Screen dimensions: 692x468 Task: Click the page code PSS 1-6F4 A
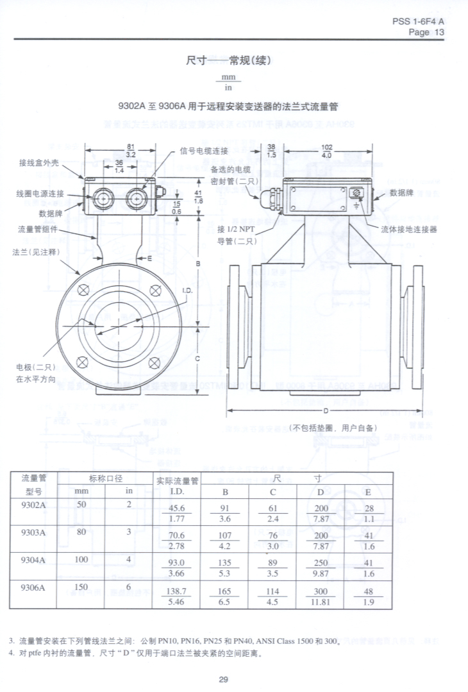(418, 21)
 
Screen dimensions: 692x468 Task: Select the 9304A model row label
(33, 559)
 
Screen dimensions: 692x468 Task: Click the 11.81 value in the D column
(321, 602)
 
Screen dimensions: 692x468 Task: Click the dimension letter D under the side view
(326, 410)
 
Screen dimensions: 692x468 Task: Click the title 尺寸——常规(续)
(229, 61)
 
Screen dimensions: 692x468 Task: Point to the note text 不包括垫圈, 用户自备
(333, 427)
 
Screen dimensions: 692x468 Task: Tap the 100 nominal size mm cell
(81, 559)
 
